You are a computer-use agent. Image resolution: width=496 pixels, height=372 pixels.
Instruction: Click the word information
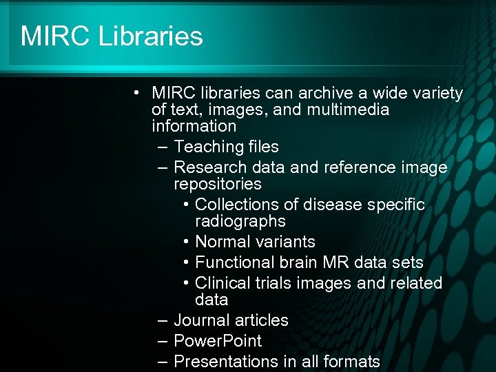tap(194, 126)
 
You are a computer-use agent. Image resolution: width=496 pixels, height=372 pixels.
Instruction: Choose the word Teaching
tap(205, 147)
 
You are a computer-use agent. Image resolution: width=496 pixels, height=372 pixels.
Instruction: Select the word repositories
tap(218, 184)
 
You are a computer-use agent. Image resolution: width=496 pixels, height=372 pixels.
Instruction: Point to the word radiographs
tap(240, 221)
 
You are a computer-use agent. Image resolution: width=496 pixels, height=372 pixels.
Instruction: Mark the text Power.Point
tap(218, 341)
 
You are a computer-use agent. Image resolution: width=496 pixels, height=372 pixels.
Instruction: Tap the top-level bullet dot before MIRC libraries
tap(138, 93)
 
